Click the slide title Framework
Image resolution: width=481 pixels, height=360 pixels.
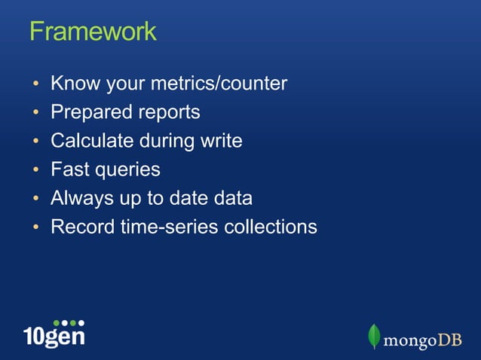coord(93,32)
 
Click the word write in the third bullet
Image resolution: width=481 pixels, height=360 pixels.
coord(222,141)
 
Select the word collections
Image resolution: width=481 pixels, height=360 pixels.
coord(271,227)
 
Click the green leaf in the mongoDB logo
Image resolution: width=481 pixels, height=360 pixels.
coord(373,336)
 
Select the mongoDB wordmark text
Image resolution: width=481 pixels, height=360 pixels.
coord(421,340)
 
